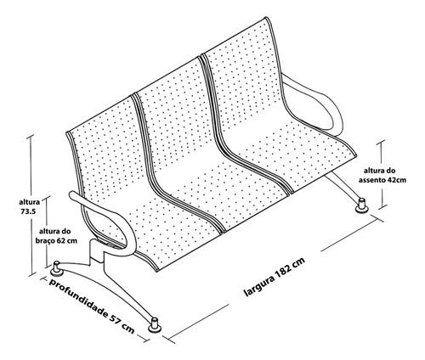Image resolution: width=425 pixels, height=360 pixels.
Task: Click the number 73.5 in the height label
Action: coord(28,211)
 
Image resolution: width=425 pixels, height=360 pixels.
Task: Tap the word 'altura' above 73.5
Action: coord(30,202)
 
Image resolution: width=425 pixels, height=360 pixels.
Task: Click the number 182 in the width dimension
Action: coord(286,270)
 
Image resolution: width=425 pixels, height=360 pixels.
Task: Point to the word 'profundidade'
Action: coord(78,296)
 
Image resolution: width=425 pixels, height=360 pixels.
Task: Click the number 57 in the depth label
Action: coord(115,318)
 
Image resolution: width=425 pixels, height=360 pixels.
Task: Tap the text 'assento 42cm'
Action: coord(382,180)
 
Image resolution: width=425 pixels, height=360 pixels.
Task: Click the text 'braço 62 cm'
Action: coord(56,241)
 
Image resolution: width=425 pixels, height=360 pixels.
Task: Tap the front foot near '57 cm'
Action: coord(155,325)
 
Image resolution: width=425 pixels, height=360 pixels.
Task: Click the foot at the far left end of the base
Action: coord(57,269)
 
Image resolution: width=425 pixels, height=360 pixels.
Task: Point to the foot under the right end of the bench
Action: coord(362,205)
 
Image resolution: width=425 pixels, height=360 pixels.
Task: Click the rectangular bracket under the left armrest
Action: coord(97,250)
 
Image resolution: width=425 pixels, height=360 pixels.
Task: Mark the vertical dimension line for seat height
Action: coord(382,174)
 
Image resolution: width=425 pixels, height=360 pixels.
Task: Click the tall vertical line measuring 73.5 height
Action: coord(31,205)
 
